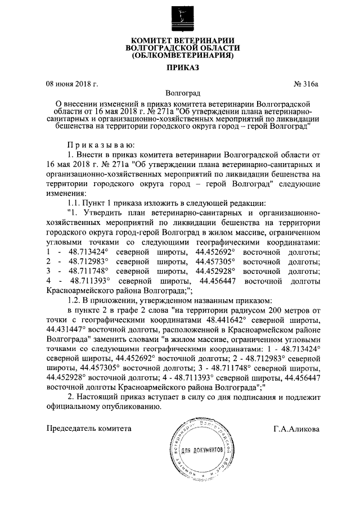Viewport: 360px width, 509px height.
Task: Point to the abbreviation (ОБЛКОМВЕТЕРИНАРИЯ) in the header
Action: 181,57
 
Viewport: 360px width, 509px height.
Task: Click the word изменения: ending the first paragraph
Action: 62,192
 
